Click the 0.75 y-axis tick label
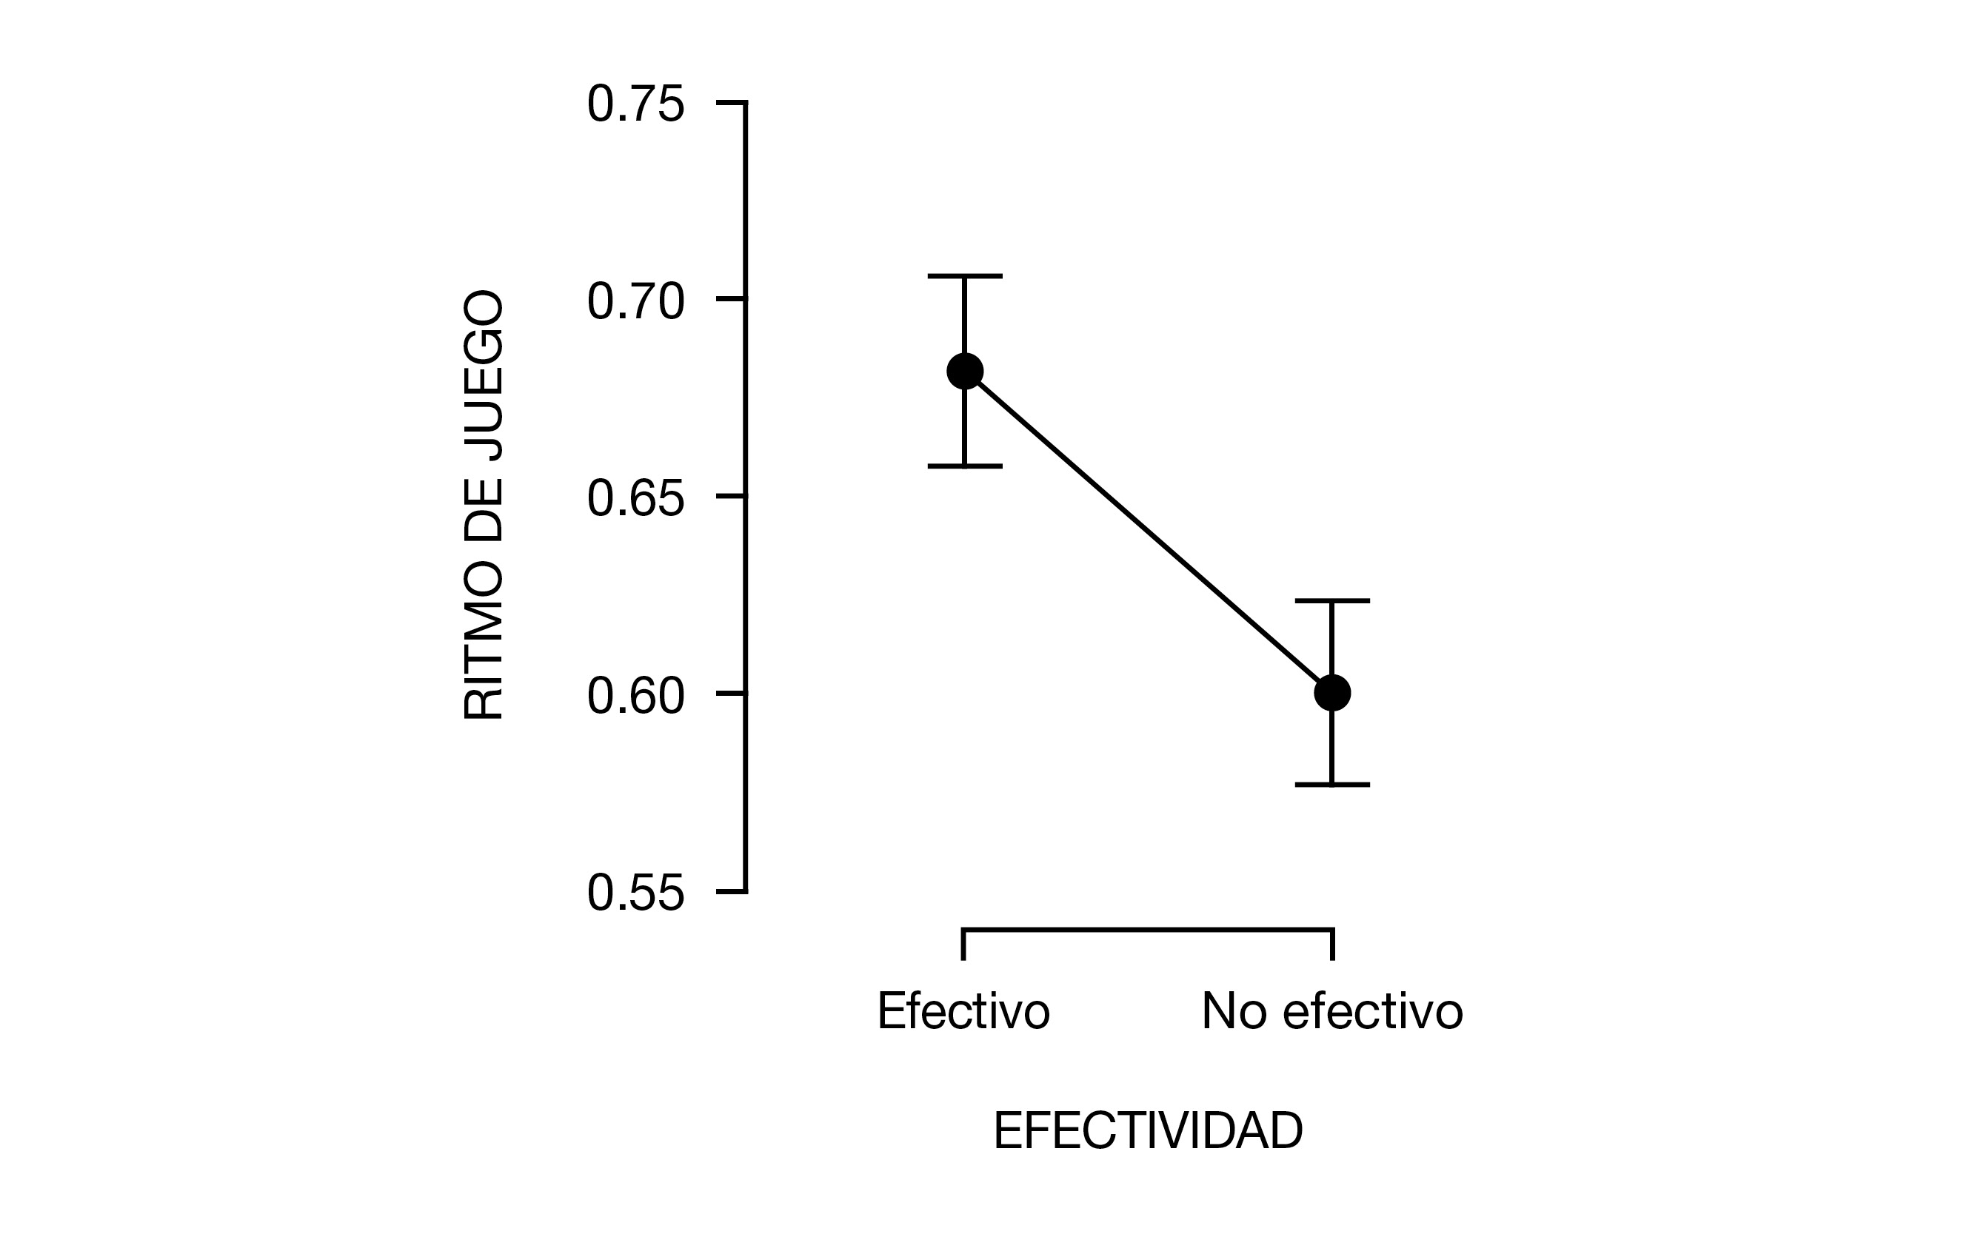point(635,104)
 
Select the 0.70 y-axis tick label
point(635,301)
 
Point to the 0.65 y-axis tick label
point(635,498)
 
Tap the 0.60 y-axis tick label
point(635,695)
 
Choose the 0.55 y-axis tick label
point(635,893)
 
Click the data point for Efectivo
point(964,372)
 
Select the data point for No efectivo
point(1331,693)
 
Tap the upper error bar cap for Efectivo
point(964,277)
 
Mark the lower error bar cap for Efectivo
point(964,466)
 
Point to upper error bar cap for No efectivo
point(1331,600)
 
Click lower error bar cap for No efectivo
point(1331,785)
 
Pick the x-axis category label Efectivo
point(963,1011)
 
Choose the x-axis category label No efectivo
point(1331,1011)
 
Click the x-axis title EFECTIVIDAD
point(1147,1131)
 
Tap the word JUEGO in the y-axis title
point(484,377)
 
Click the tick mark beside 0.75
point(731,103)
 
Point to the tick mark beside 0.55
point(731,891)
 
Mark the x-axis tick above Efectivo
point(963,945)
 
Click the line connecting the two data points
point(1148,532)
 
